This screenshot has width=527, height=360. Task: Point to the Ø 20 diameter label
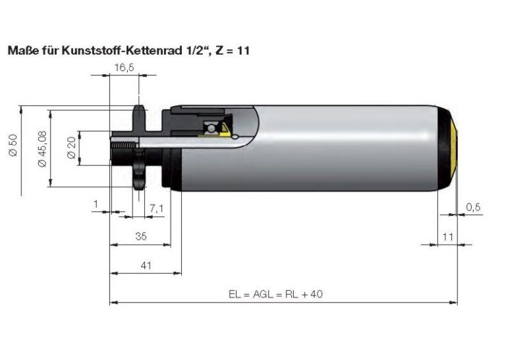click(x=72, y=146)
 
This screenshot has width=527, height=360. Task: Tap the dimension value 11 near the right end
click(x=448, y=236)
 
